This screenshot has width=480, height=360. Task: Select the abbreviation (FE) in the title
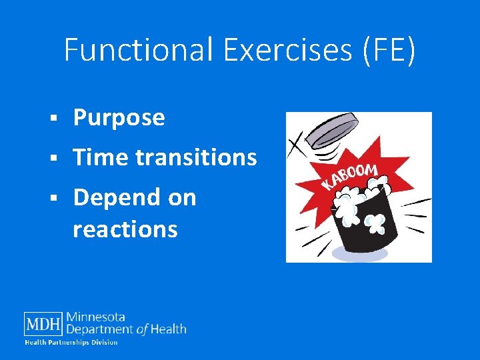(389, 51)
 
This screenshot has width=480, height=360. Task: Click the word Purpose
(119, 118)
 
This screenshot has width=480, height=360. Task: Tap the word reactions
(125, 229)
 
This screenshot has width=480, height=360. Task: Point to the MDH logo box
(43, 324)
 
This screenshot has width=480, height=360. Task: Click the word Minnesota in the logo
(95, 317)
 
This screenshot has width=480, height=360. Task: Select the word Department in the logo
(101, 329)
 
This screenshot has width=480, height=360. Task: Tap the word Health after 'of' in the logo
(169, 329)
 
